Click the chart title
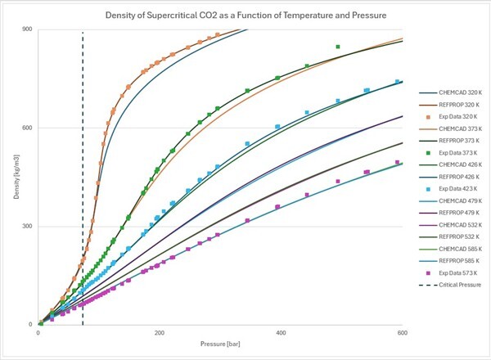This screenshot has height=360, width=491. [245, 16]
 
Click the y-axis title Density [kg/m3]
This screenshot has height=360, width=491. [9, 177]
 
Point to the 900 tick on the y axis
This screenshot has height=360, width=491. [26, 29]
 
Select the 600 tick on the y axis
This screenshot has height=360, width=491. [26, 128]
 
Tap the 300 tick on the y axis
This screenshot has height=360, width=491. [26, 227]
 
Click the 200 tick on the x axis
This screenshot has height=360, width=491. [160, 334]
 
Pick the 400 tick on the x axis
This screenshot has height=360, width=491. [281, 334]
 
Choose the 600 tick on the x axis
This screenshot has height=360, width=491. [402, 334]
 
